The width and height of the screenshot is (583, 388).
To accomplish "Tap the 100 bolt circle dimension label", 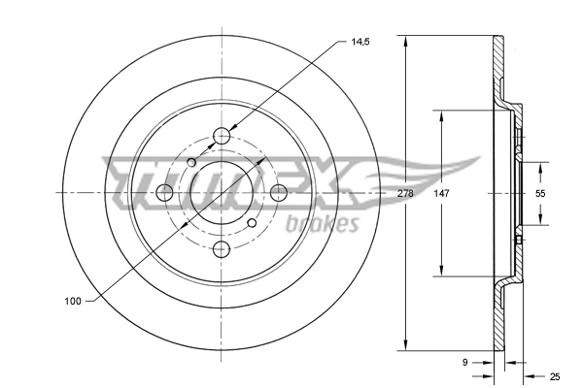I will coord(72,302).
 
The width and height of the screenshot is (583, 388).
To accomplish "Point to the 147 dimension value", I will coord(441,194).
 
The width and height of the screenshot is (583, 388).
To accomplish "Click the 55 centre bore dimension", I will coord(541,194).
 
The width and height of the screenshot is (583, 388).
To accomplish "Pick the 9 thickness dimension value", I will coord(465,363).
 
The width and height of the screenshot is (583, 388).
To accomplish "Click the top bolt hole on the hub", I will coord(223,136).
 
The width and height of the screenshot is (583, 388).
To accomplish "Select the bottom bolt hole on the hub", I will coord(223,248).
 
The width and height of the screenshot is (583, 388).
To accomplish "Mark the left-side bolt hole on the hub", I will coord(166,192).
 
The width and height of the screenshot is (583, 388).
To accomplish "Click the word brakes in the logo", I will coord(324,224).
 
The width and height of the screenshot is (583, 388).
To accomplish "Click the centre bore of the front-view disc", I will coord(223,192).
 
